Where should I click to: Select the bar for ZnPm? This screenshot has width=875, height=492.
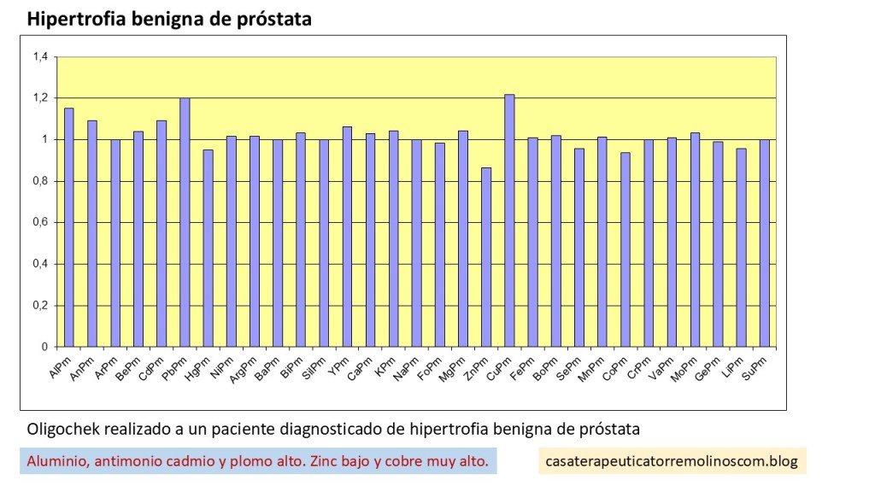[486, 257]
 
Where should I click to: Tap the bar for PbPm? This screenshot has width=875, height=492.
[184, 222]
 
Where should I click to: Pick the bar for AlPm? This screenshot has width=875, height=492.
[68, 227]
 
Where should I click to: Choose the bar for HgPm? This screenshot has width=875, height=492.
[207, 249]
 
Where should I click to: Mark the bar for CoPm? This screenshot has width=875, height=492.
[625, 249]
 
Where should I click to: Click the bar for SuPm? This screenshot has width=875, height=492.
[764, 243]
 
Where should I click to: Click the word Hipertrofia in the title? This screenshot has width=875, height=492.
[75, 19]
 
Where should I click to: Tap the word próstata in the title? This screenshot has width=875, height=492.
[273, 19]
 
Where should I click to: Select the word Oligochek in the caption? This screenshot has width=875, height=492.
[64, 427]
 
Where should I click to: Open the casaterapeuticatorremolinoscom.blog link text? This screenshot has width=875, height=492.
[672, 462]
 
